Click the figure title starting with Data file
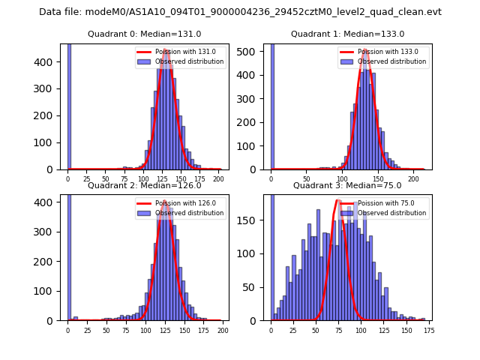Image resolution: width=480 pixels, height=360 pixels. pyautogui.click(x=240, y=12)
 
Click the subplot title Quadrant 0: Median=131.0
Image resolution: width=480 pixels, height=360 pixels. pyautogui.click(x=144, y=34)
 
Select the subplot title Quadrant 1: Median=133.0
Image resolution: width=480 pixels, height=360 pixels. pyautogui.click(x=347, y=34)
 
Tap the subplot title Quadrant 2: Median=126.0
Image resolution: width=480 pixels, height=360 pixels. pyautogui.click(x=144, y=185)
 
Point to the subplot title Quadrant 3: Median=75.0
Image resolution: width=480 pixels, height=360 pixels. pyautogui.click(x=347, y=185)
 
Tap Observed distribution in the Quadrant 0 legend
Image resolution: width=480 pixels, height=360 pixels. pyautogui.click(x=189, y=61)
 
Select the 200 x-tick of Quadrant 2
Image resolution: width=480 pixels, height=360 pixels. pyautogui.click(x=222, y=330)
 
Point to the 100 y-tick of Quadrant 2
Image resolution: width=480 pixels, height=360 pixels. pyautogui.click(x=48, y=291)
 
